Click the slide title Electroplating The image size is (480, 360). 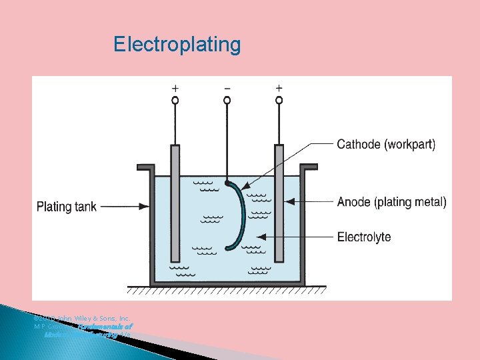coord(177,45)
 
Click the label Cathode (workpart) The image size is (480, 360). coord(386,144)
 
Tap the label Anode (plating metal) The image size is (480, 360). coord(392,201)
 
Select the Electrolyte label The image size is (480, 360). coord(364,237)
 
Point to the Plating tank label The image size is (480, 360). coord(66,206)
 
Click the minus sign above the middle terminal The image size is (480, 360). coord(227,88)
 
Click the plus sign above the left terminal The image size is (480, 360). coord(175,88)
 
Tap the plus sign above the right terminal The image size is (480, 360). coord(279,88)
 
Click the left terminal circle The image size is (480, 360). coord(175,101)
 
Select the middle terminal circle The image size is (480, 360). coord(227,101)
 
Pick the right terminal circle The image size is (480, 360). coord(279,101)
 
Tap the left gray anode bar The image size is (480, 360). coord(175,203)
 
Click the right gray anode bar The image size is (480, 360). coord(279,203)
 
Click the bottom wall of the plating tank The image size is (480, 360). coord(227,283)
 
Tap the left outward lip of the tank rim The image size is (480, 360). coord(145,167)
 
